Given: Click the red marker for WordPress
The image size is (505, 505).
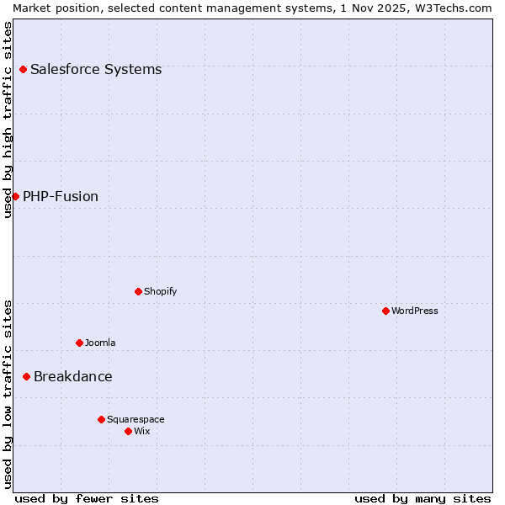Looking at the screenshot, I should [x=385, y=311].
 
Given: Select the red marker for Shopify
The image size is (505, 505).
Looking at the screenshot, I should [x=138, y=291].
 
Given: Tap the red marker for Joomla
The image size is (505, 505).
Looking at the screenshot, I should [x=79, y=343].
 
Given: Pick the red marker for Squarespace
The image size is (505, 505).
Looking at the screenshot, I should [x=101, y=419].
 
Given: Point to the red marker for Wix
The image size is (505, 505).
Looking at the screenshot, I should [x=128, y=431].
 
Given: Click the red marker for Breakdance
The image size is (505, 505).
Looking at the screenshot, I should [x=26, y=376].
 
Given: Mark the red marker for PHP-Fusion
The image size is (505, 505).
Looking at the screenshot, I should [x=15, y=196].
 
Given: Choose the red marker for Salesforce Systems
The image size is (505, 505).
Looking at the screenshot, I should [x=23, y=69].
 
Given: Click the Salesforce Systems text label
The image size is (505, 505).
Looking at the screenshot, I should [x=96, y=69].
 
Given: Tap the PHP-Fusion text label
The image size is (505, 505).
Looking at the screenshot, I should [x=61, y=196].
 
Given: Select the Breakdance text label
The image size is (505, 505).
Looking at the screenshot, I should [x=73, y=376].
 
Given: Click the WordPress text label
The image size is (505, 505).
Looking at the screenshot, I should [x=415, y=311].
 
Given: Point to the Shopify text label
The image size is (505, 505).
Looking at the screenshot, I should [x=161, y=291].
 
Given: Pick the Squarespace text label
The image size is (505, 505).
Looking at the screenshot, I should [x=136, y=419].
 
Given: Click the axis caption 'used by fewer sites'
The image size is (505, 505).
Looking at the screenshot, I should [x=87, y=498].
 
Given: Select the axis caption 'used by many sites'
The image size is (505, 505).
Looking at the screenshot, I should [x=423, y=498].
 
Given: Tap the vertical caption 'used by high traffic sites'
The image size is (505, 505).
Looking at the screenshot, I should [x=8, y=120].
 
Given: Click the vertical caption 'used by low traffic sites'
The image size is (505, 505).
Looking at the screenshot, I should [x=8, y=393].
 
